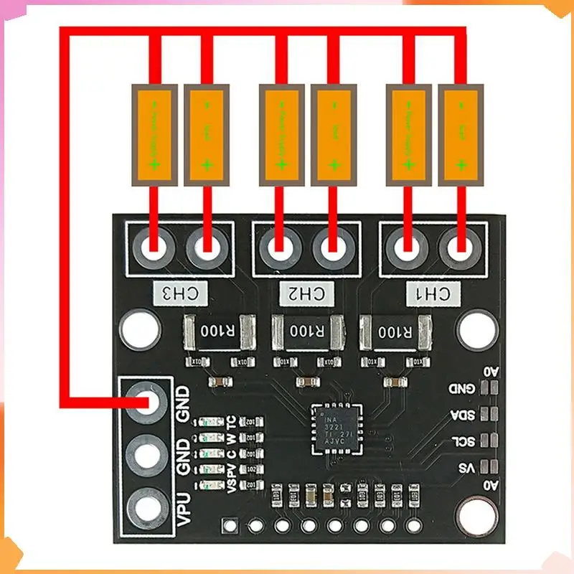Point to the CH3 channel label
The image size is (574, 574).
click(x=180, y=293)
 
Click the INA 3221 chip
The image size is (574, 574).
click(x=337, y=429)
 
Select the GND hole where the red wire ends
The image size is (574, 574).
click(x=151, y=403)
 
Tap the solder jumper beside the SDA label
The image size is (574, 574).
click(x=490, y=415)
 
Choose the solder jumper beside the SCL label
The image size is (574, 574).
click(x=490, y=440)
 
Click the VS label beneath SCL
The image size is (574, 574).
click(x=467, y=468)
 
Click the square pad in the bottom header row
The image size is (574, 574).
click(x=230, y=526)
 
